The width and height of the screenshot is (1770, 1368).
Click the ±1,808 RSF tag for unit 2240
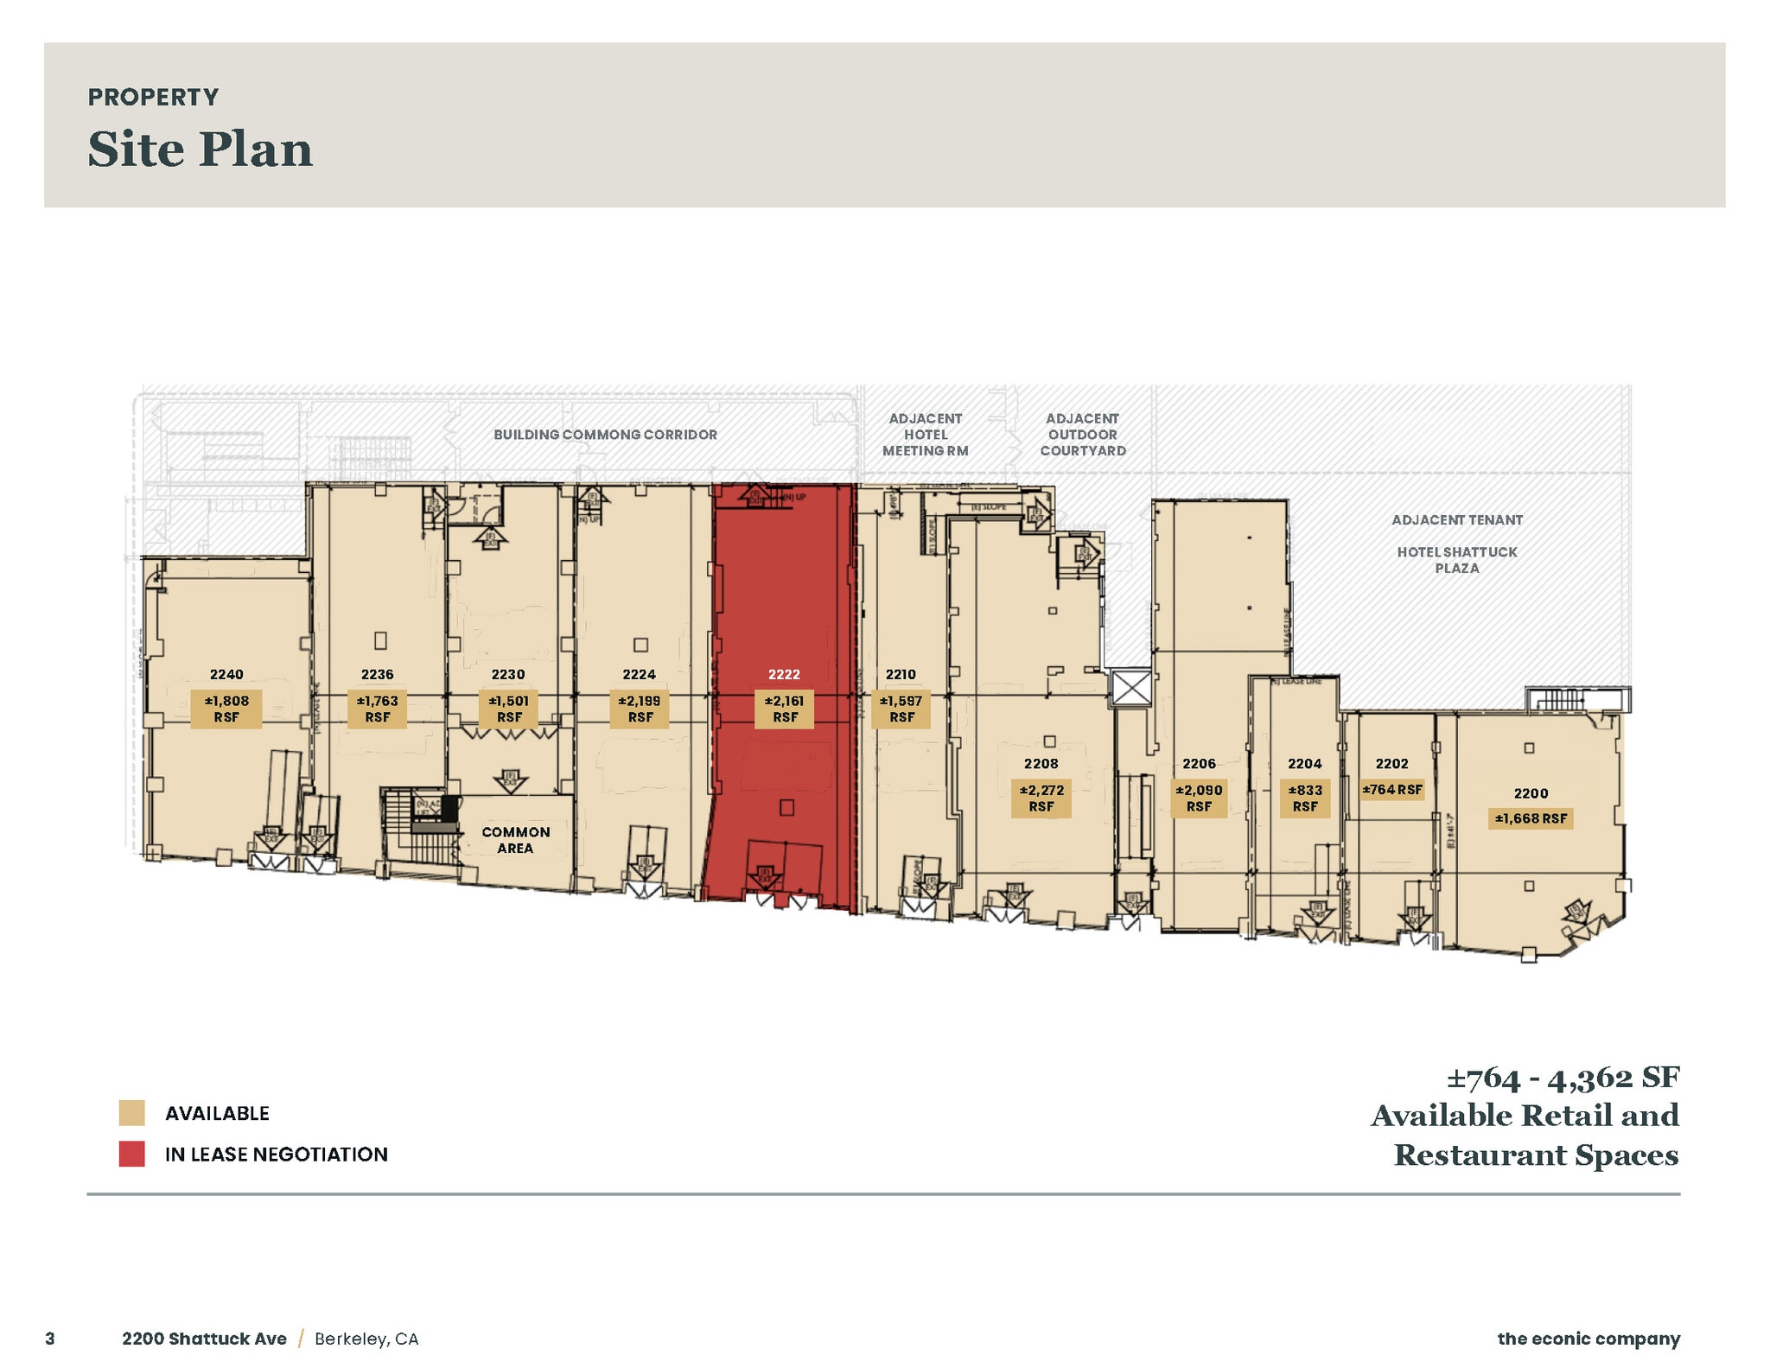pos(226,709)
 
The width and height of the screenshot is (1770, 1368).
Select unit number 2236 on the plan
pos(378,674)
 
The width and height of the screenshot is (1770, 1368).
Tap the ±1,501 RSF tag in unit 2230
pos(508,709)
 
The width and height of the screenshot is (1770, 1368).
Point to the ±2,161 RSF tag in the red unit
pos(784,709)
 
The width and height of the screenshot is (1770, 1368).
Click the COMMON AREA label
pos(515,840)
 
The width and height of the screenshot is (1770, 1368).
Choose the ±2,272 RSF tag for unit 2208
pos(1041,798)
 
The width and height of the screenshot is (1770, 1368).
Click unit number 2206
pos(1199,763)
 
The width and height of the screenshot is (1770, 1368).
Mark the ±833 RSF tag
pos(1304,798)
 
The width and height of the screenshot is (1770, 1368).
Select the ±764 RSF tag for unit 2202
pos(1391,789)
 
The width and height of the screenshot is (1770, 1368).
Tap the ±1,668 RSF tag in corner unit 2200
pos(1531,818)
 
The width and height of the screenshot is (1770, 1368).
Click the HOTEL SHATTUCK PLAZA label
pos(1456,559)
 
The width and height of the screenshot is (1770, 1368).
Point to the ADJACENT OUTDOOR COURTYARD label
pos(1082,434)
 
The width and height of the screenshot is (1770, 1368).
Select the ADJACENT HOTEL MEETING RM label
pos(925,434)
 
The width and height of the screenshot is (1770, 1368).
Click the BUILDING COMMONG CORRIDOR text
pos(605,435)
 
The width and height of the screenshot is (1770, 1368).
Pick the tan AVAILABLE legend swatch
pos(131,1113)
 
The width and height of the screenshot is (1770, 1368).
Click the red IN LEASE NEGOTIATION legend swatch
pos(131,1154)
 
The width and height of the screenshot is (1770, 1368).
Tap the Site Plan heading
pos(200,149)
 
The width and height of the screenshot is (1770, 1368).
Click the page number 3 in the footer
pos(50,1339)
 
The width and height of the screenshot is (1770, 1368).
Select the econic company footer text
pos(1589,1339)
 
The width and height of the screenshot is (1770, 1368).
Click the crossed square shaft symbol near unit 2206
pos(1131,689)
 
